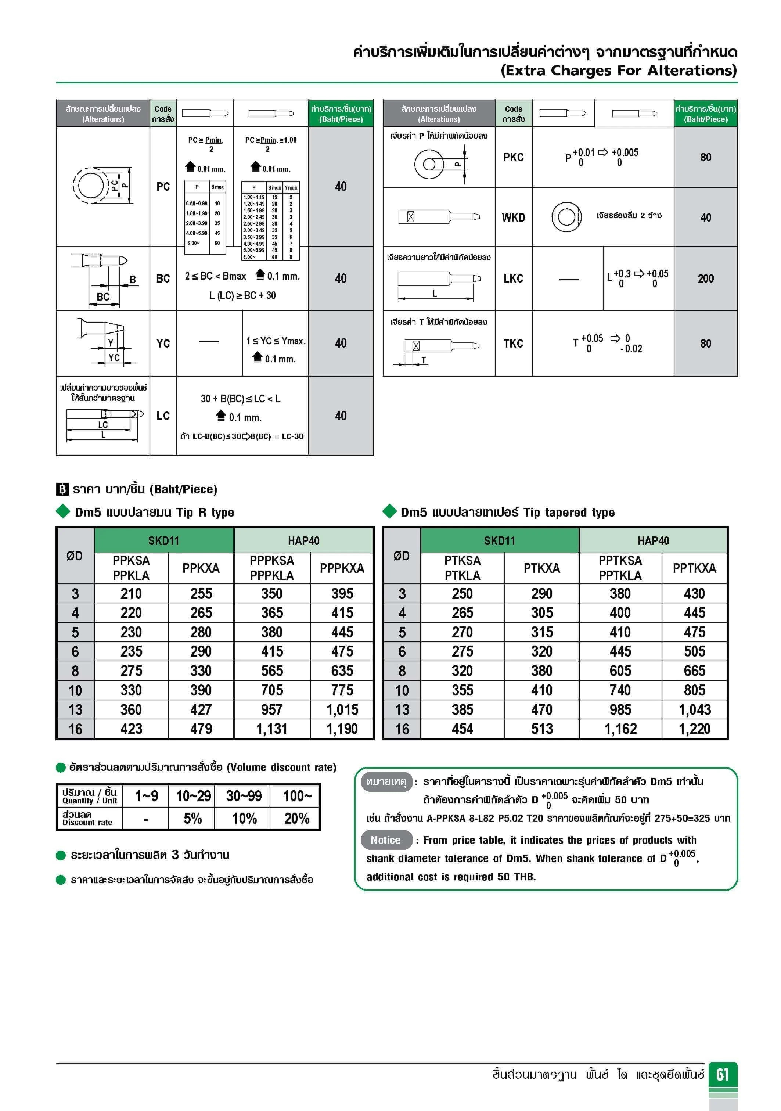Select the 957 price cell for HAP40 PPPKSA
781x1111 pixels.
(272, 710)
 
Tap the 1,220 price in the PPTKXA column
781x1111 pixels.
(694, 729)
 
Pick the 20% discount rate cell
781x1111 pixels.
(296, 819)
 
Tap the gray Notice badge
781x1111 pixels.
(386, 840)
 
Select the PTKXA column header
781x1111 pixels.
(541, 568)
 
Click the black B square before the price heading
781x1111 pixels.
(62, 489)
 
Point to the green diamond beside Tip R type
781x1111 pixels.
(63, 511)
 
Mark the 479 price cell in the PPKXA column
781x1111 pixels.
(201, 729)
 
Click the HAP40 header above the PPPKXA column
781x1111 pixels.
(303, 540)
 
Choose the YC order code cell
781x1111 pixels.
(163, 344)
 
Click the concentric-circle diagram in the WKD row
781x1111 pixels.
(566, 217)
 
